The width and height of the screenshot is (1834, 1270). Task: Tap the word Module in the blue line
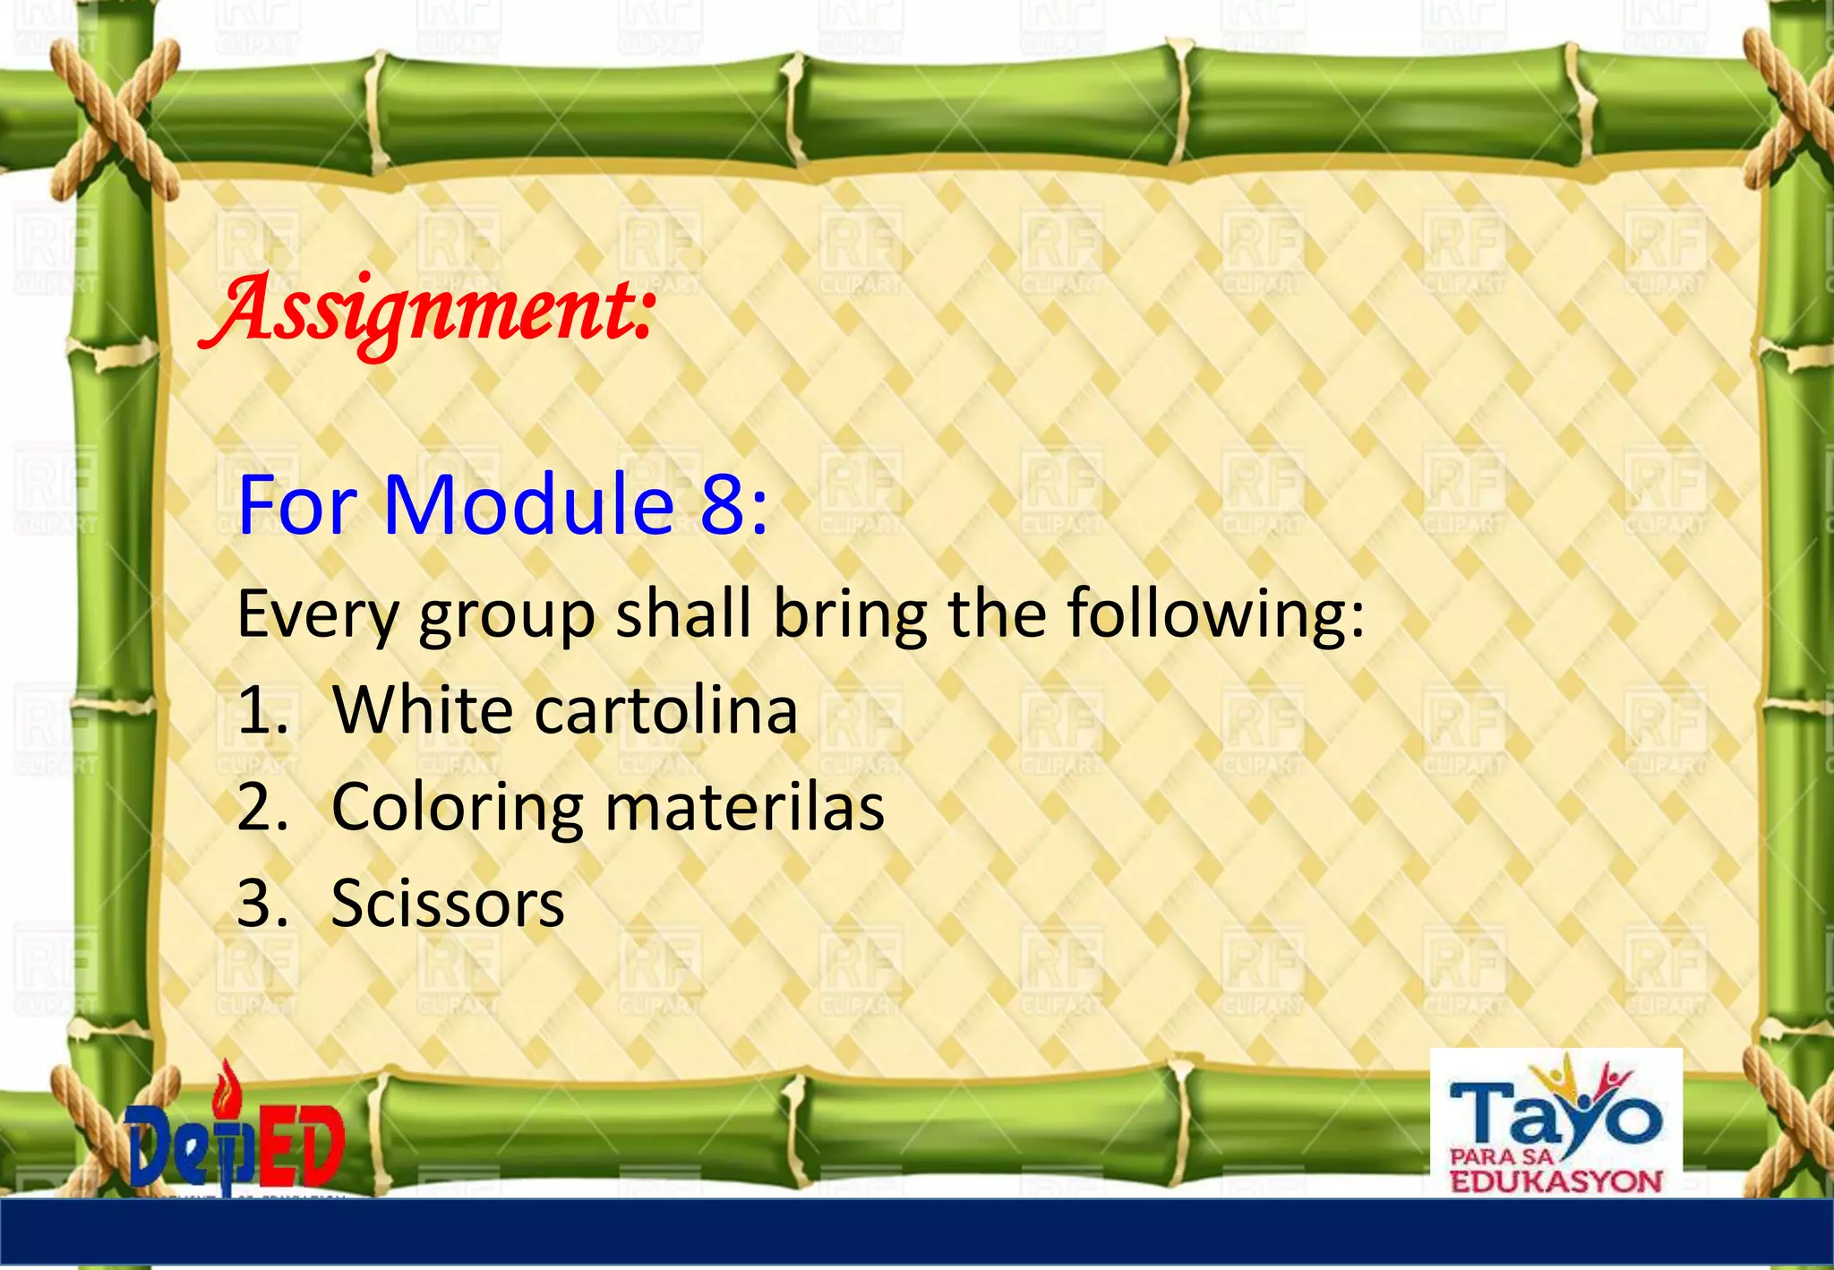coord(528,505)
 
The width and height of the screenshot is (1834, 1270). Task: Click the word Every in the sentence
coord(317,615)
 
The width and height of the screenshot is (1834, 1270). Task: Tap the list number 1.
coord(260,711)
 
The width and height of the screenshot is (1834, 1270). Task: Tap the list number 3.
coord(260,904)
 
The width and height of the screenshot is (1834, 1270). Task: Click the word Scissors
coord(448,904)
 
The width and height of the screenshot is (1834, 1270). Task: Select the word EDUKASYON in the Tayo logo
coord(1555,1181)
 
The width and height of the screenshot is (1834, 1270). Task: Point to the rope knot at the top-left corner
coord(112,116)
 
